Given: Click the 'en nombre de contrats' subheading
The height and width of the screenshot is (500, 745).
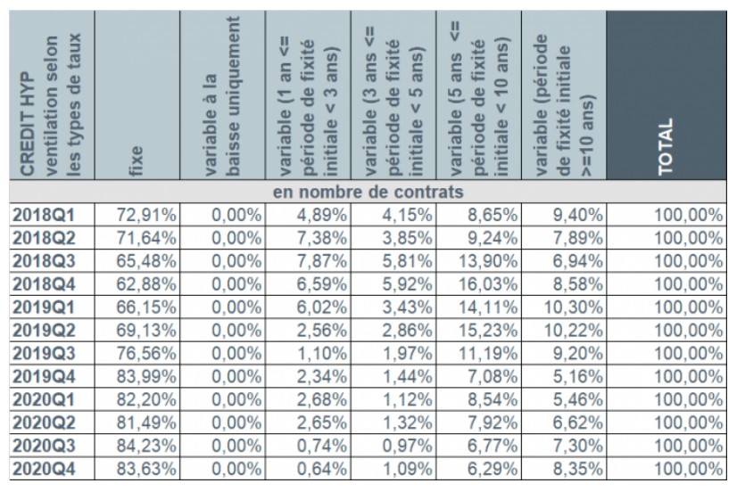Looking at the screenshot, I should [x=367, y=192].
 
